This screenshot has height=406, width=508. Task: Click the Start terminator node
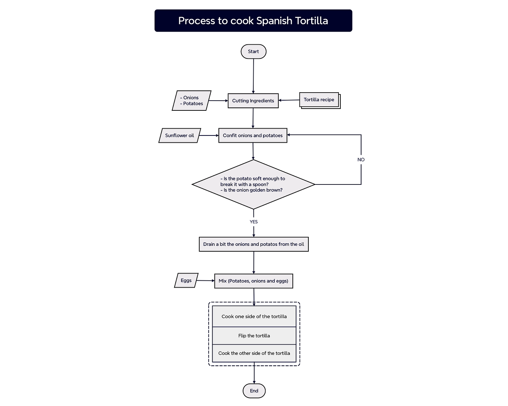(x=253, y=52)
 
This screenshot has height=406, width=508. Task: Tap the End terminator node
(x=254, y=391)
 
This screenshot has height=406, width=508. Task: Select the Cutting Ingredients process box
(x=253, y=101)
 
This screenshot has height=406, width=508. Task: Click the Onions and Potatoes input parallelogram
(x=191, y=101)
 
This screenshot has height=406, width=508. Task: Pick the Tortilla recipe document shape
(x=319, y=100)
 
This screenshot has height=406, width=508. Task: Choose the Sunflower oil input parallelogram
(x=179, y=135)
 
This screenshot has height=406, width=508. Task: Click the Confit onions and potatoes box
(x=253, y=135)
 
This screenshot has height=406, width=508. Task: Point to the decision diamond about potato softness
(x=253, y=184)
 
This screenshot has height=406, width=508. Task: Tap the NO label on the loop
(x=361, y=160)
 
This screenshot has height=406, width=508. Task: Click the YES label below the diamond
(x=254, y=222)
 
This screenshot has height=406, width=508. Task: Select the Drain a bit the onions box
(x=254, y=244)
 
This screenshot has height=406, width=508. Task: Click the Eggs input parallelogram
(x=186, y=280)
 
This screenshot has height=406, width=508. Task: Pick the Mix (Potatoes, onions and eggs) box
(x=253, y=281)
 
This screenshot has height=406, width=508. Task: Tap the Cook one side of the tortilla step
(x=254, y=316)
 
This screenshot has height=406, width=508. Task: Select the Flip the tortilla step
(x=254, y=336)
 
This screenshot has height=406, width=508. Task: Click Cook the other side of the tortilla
(x=254, y=353)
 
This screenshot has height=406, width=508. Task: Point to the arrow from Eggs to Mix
(x=205, y=281)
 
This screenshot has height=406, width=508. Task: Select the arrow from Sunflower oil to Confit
(x=209, y=135)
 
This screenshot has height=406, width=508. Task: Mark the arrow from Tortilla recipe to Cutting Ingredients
(x=289, y=100)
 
